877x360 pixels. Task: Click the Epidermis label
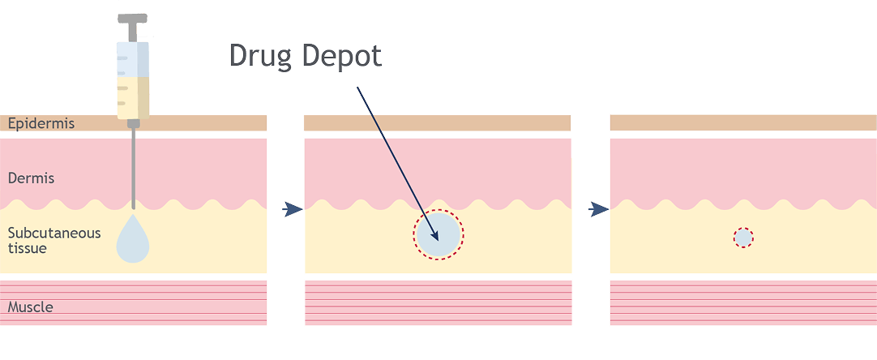41,123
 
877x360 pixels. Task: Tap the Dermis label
31,178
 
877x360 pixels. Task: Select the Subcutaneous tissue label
53,240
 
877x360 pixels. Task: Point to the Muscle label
30,306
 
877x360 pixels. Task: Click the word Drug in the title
261,57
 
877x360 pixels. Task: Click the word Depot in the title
342,57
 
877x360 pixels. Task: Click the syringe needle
133,165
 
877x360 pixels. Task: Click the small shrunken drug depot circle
743,238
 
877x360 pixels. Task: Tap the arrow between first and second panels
293,209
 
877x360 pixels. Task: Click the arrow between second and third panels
598,209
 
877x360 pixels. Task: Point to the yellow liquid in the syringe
133,97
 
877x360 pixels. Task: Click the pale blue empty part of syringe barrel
133,59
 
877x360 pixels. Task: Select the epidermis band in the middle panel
438,123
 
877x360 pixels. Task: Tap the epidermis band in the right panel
743,122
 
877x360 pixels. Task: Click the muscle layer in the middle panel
438,302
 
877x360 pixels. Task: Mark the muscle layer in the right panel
743,302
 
